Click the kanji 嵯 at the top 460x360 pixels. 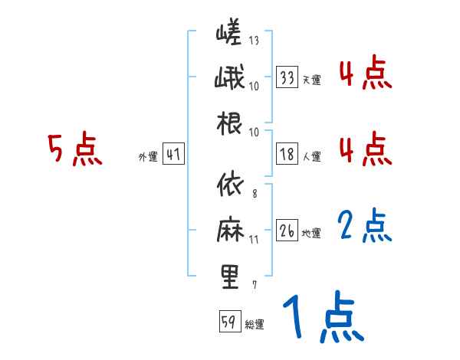[x=229, y=34]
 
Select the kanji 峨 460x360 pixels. [x=229, y=78]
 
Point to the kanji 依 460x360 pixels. [x=229, y=187]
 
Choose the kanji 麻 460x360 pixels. [x=229, y=231]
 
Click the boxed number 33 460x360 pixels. [x=287, y=77]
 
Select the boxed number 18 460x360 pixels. [x=287, y=154]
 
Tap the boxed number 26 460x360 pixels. [x=287, y=231]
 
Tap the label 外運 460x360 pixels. [x=147, y=157]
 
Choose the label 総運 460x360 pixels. [x=254, y=325]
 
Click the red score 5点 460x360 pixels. [x=74, y=149]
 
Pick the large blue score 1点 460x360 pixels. [x=322, y=319]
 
